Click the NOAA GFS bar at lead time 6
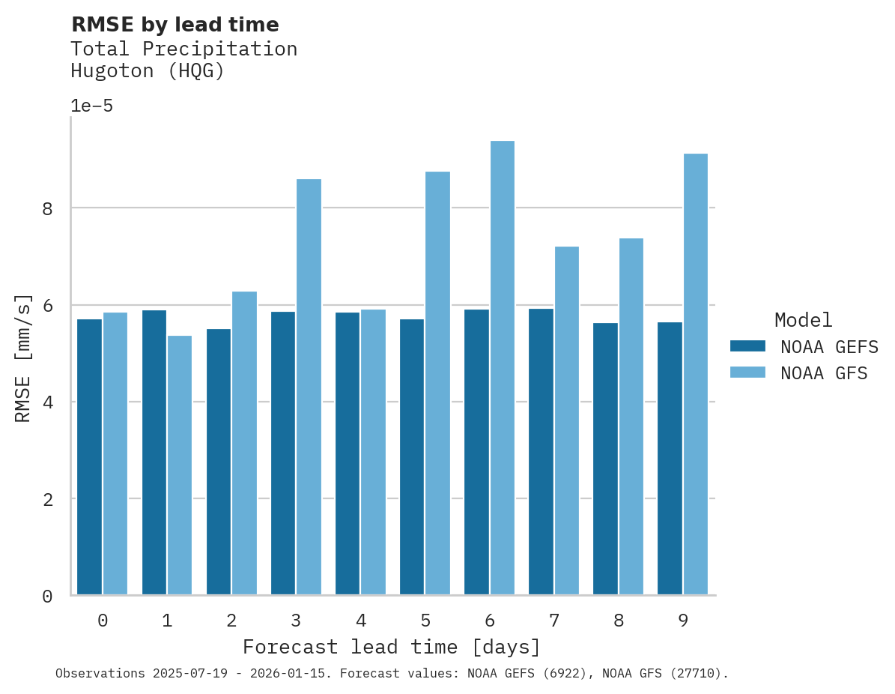pos(502,368)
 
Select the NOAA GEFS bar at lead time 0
pos(89,457)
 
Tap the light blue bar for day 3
pos(309,387)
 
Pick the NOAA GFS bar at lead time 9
pos(695,374)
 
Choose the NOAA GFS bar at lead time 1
pos(180,465)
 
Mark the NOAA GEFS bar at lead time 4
pos(348,454)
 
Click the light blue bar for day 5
pos(437,383)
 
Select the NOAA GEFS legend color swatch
pos(747,346)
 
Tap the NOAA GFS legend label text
pos(824,373)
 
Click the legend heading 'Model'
pos(803,320)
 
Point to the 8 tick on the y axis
pos(47,208)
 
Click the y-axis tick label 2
pos(47,499)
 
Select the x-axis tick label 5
pos(425,621)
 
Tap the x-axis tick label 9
pos(683,621)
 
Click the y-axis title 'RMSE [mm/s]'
pos(23,358)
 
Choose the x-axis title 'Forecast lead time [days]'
pos(391,647)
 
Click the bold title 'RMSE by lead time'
pos(175,25)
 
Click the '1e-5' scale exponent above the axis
pos(91,106)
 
